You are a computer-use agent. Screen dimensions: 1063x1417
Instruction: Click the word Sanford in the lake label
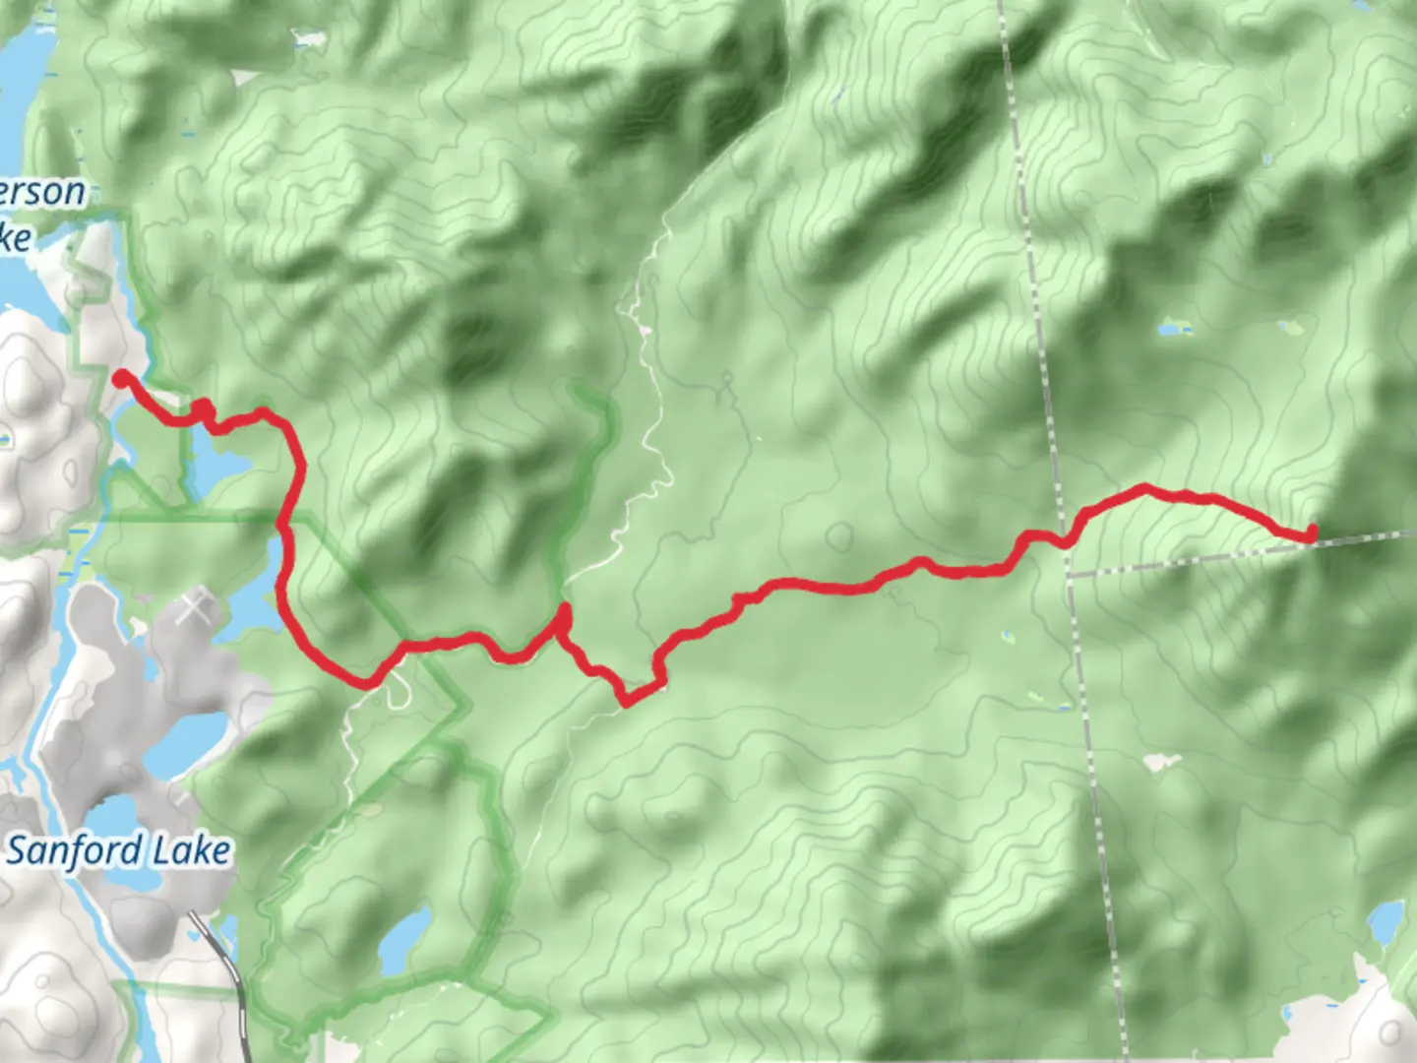point(77,851)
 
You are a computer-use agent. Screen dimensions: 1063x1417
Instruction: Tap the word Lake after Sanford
point(193,851)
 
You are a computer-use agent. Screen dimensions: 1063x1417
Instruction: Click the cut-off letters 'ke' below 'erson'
point(15,237)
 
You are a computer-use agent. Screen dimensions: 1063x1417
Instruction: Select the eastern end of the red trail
point(1311,533)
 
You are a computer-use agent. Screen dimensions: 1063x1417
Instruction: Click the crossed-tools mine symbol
point(196,609)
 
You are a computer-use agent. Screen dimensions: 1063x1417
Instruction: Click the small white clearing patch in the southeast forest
point(1162,762)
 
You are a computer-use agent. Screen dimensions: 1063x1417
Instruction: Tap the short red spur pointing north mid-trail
point(563,618)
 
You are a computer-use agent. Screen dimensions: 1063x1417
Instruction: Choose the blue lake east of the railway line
point(405,940)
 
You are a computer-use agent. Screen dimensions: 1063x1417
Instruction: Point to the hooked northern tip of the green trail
point(587,395)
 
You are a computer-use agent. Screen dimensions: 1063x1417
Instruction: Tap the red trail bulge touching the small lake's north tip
point(203,409)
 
